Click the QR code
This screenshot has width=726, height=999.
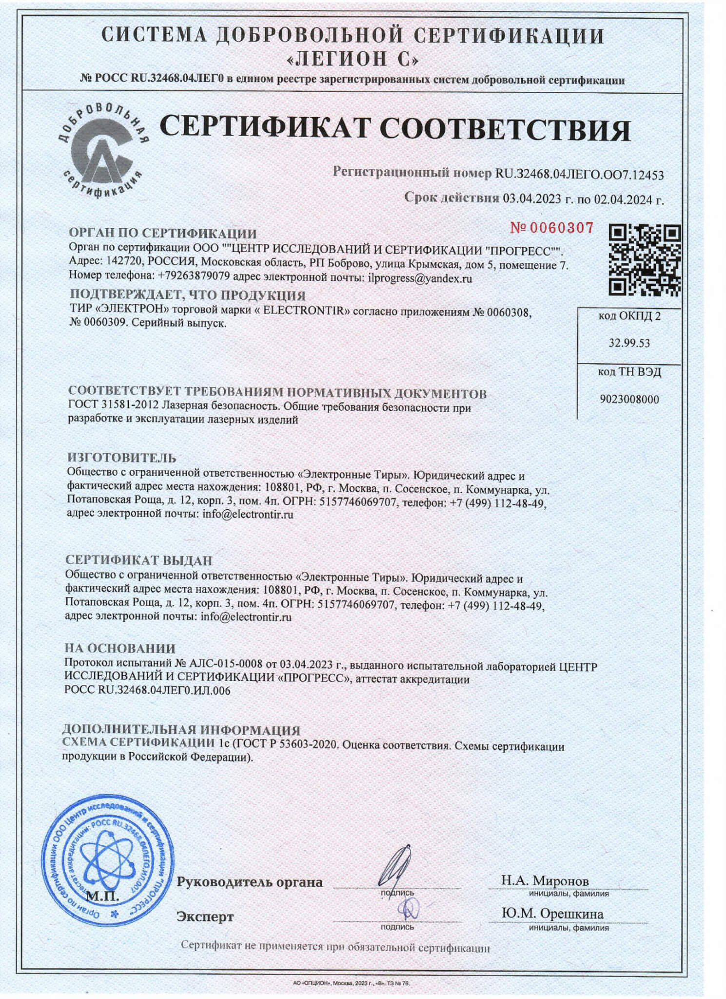pyautogui.click(x=645, y=260)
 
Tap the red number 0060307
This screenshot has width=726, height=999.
pyautogui.click(x=551, y=227)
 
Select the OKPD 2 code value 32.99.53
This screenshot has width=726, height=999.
pyautogui.click(x=629, y=343)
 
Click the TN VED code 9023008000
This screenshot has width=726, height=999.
pyautogui.click(x=629, y=400)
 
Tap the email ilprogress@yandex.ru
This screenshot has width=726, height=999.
pyautogui.click(x=420, y=279)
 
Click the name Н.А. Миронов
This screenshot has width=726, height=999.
pyautogui.click(x=545, y=880)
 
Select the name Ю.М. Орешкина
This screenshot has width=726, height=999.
pyautogui.click(x=552, y=914)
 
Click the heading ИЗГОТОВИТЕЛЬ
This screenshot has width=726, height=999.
pyautogui.click(x=121, y=458)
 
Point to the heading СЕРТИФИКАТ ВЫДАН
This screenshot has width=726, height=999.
pyautogui.click(x=139, y=560)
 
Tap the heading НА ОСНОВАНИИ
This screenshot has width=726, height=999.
pyautogui.click(x=120, y=648)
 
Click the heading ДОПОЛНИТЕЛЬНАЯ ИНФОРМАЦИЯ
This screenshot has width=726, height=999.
pyautogui.click(x=181, y=730)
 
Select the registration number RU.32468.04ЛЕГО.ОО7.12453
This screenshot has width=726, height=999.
pyautogui.click(x=579, y=174)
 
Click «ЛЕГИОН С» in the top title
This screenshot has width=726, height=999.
pyautogui.click(x=352, y=59)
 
